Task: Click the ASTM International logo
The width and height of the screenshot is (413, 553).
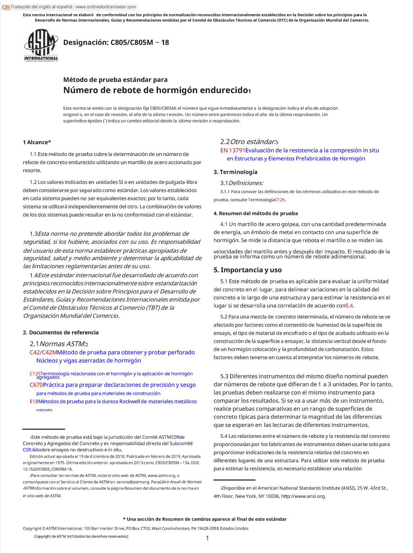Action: click(x=41, y=45)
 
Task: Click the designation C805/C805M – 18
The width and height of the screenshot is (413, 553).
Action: click(x=116, y=43)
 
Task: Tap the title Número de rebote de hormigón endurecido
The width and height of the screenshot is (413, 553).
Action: click(x=156, y=90)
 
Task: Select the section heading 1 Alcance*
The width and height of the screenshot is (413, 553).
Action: click(x=37, y=142)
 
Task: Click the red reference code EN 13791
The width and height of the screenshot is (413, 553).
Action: click(x=232, y=150)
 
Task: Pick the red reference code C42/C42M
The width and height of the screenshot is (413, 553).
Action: click(x=43, y=353)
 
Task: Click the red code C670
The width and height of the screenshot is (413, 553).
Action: click(x=36, y=385)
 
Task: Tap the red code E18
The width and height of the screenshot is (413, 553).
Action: click(x=34, y=401)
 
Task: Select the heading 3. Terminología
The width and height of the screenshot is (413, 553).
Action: click(x=235, y=172)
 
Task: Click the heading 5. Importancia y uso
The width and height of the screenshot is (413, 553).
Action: click(x=247, y=270)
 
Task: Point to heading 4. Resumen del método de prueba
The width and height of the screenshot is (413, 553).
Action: click(x=255, y=213)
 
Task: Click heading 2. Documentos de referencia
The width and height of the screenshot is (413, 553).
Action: click(x=61, y=333)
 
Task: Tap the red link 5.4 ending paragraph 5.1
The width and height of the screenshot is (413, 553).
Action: click(x=349, y=306)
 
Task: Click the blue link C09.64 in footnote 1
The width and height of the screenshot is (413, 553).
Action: click(x=30, y=450)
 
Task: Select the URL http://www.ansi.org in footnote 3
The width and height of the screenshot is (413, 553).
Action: click(x=303, y=496)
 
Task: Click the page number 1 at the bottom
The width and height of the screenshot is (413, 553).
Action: click(x=207, y=538)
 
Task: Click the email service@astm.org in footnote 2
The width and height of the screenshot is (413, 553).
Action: click(x=133, y=482)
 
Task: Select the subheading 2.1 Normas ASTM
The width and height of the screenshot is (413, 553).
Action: click(x=59, y=344)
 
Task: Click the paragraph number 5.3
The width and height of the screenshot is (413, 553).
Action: click(x=224, y=376)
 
